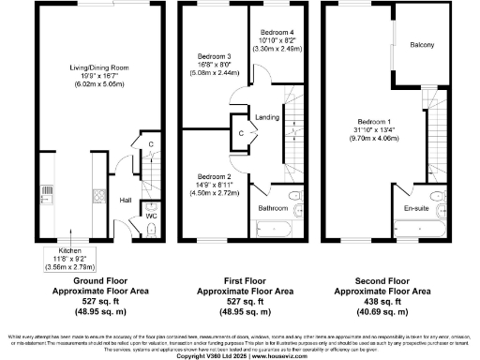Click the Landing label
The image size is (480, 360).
[267, 116]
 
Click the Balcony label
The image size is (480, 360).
[422, 44]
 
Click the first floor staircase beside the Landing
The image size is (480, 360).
[297, 127]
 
